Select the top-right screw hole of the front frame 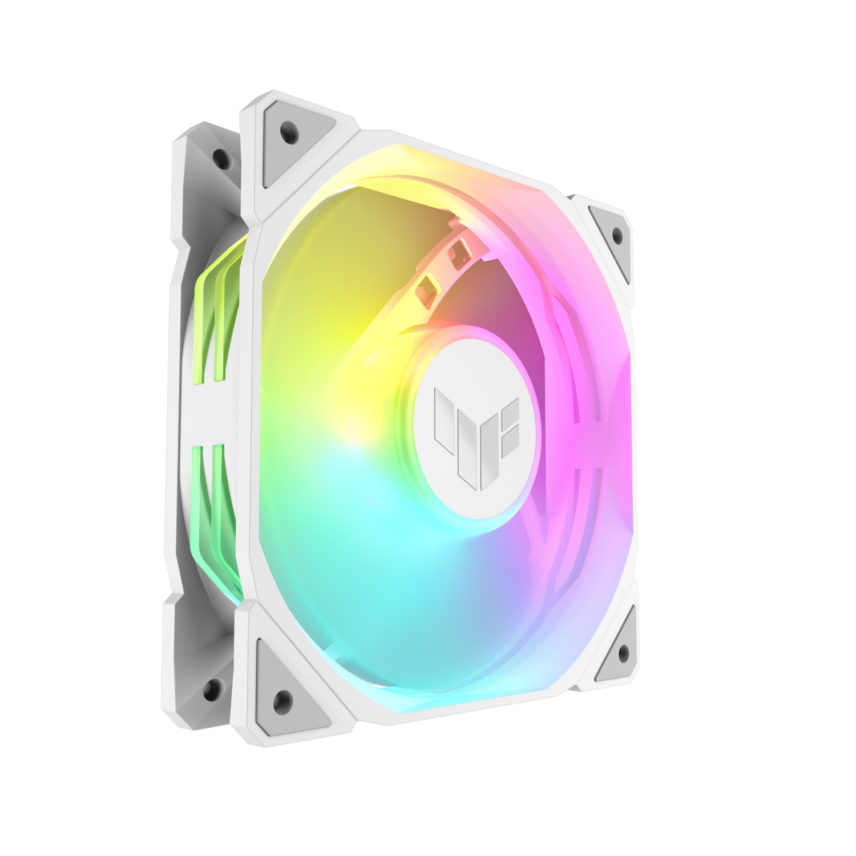(x=616, y=234)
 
